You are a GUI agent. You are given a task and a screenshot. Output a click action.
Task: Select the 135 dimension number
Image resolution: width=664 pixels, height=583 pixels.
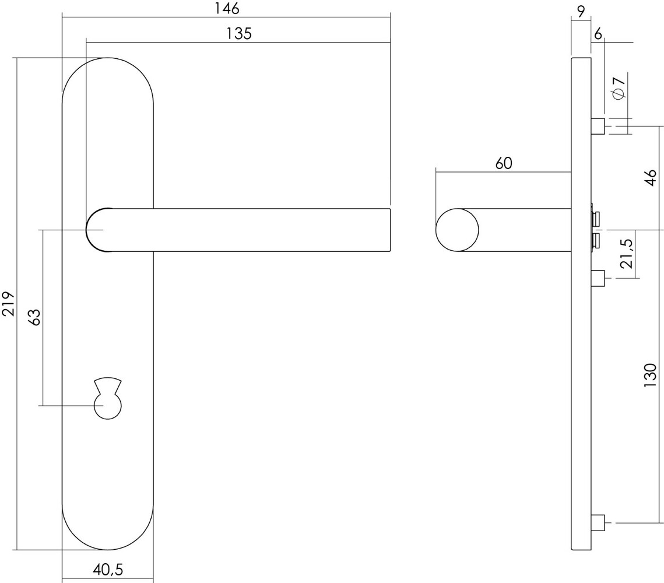coord(238,34)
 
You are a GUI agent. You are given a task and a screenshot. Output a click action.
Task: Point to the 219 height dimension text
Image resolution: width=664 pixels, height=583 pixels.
coord(9,304)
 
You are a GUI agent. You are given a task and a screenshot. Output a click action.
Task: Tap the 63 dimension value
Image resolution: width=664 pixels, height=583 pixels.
coord(34,317)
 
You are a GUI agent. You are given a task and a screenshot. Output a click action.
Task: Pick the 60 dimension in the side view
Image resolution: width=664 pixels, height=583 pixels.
coord(504,163)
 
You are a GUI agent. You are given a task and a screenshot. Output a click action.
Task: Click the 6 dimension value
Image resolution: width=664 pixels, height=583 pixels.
coord(598,34)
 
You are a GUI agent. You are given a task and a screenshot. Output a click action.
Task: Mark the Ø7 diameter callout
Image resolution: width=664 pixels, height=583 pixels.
coord(619,87)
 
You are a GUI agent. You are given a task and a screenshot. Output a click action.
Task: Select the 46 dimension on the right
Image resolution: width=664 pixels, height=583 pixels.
coord(651,177)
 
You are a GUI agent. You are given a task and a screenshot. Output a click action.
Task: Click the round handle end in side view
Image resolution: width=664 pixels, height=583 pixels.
coord(457,230)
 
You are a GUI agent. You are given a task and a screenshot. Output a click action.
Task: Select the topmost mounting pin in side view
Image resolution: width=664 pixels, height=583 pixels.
coord(598,126)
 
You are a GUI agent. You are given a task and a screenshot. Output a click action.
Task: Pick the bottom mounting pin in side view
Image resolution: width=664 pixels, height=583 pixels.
coord(598,523)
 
